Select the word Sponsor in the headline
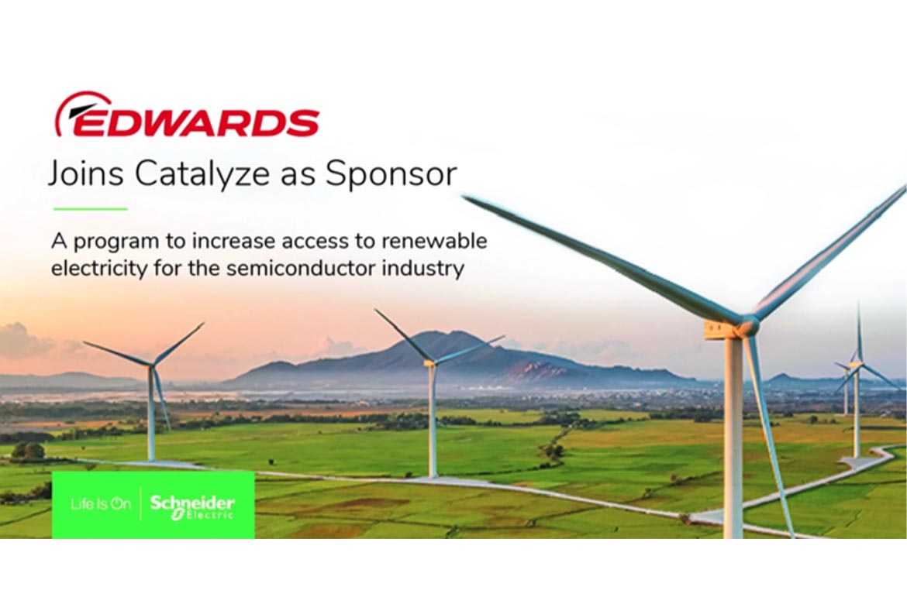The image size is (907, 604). (x=391, y=175)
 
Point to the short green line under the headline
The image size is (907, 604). (x=90, y=208)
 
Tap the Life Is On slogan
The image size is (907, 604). (x=101, y=504)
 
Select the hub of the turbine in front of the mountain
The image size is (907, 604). (x=431, y=362)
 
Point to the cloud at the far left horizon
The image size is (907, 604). (x=23, y=341)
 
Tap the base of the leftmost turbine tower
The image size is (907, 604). (x=152, y=458)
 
